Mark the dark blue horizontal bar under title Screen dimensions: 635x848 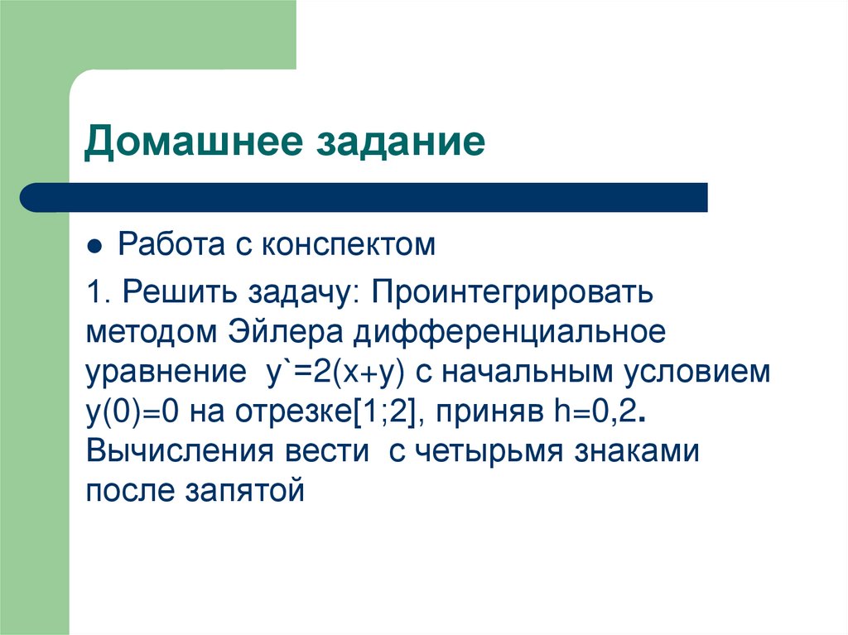(364, 198)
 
